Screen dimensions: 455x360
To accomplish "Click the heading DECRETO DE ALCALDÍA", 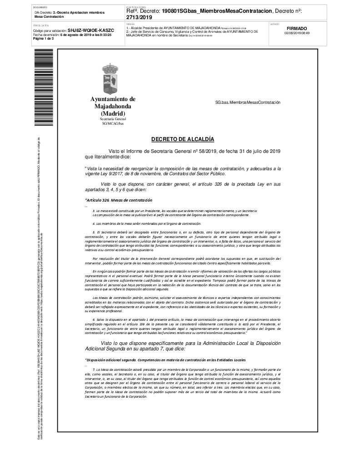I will pyautogui.click(x=182, y=139).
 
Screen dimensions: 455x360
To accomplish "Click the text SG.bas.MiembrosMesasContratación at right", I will pyautogui.click(x=248, y=103).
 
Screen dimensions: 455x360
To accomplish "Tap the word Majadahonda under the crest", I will pyautogui.click(x=112, y=106).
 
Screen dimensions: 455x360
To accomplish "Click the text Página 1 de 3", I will pyautogui.click(x=44, y=39).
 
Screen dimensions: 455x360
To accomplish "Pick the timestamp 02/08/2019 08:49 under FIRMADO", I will pyautogui.click(x=296, y=33).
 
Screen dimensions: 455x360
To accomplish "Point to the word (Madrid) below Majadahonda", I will pyautogui.click(x=112, y=113).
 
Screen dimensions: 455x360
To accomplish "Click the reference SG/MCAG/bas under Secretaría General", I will pyautogui.click(x=112, y=123).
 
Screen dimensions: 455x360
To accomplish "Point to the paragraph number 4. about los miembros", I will pyautogui.click(x=94, y=223).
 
